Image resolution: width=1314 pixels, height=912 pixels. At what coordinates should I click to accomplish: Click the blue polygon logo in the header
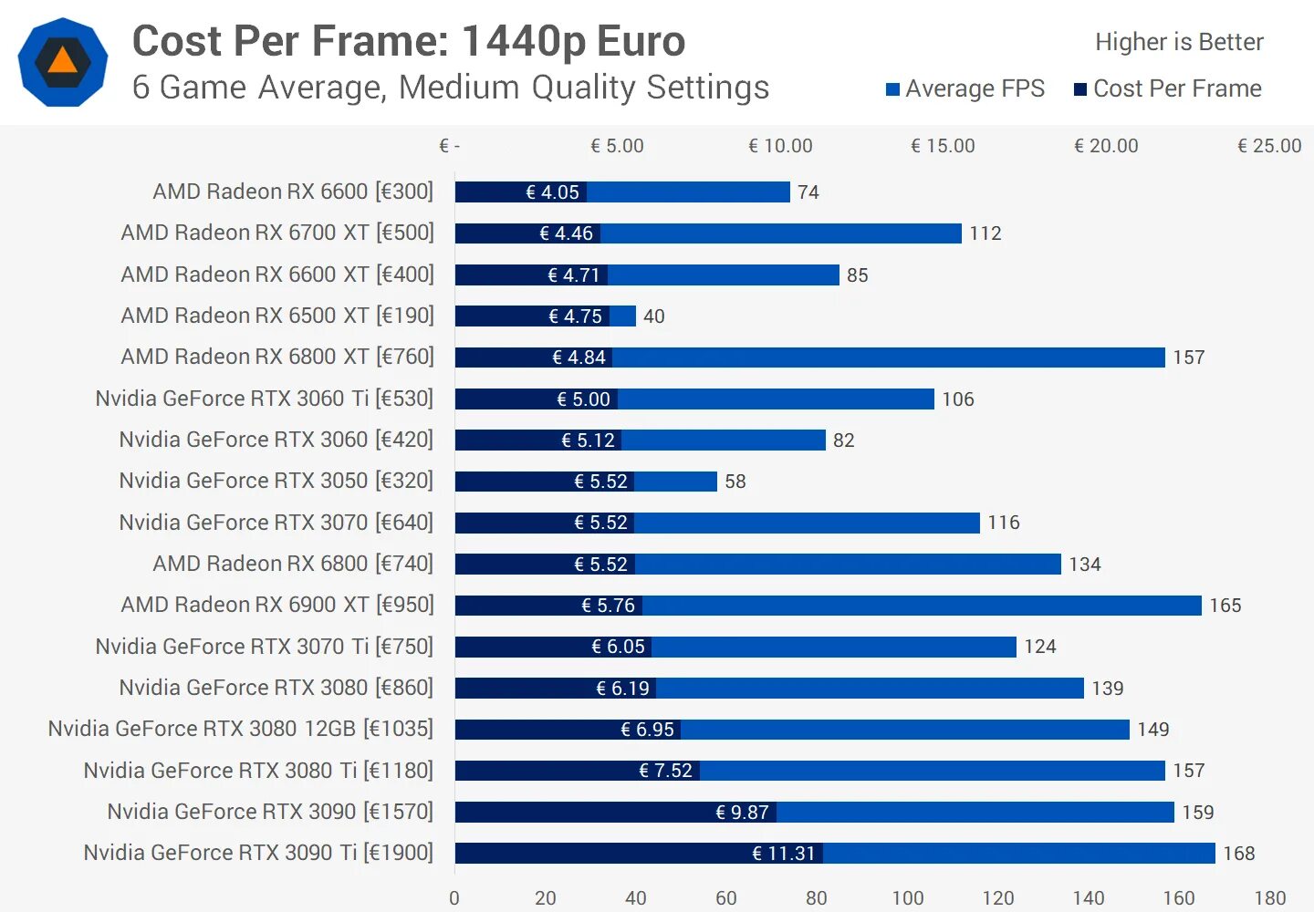coord(63,62)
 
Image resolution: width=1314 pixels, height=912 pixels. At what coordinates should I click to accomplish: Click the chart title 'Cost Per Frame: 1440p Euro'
coord(408,41)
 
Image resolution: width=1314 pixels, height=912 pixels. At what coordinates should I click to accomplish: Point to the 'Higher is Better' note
coord(1179,42)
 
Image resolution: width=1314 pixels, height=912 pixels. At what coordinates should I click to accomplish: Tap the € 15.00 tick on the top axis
coord(943,146)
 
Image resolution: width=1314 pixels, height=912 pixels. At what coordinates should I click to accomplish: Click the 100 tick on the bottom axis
coord(907,897)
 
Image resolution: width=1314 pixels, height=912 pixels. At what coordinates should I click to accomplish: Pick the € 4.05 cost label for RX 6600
coord(552,192)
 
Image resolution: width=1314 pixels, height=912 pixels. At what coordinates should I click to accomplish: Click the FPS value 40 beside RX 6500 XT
coord(654,316)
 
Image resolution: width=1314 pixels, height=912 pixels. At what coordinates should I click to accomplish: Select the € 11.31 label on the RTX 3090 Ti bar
coord(783,854)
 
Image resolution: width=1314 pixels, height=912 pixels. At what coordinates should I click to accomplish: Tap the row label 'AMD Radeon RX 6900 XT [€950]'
coord(277,605)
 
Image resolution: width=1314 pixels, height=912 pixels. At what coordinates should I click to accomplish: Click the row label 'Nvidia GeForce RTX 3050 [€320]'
coord(276,481)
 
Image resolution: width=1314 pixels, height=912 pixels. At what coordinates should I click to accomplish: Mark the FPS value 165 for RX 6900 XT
coord(1225,606)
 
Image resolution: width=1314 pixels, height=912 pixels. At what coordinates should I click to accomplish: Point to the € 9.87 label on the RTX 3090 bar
coord(742,813)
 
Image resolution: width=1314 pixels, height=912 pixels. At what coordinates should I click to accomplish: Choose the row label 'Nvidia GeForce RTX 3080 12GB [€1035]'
coord(241,729)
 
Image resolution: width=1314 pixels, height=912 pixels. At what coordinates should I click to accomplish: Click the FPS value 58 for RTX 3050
coord(735,482)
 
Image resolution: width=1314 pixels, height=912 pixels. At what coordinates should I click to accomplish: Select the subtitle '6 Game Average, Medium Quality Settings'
coord(451,88)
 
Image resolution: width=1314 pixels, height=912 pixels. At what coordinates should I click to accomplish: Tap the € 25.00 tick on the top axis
coord(1269,146)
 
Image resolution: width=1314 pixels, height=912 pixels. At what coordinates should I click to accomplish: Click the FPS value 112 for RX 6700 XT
coord(985,233)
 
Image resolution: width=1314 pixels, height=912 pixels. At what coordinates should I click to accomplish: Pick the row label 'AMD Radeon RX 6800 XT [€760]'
coord(277,357)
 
